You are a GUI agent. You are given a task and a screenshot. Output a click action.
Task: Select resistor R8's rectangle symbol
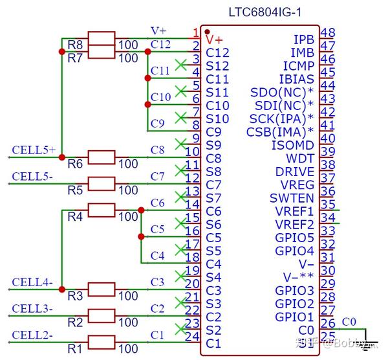[101, 38]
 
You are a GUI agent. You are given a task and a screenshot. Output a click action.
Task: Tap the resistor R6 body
[101, 157]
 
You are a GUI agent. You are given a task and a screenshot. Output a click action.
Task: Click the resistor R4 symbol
[101, 210]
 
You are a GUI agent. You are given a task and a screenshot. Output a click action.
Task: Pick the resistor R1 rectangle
[101, 341]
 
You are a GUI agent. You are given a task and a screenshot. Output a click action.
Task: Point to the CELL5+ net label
[34, 150]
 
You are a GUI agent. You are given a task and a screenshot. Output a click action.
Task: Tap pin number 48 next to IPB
[327, 33]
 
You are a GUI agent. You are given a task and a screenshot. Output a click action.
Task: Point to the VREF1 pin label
[294, 211]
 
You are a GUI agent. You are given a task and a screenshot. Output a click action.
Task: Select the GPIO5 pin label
[294, 238]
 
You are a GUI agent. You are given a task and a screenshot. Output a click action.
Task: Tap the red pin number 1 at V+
[195, 32]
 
